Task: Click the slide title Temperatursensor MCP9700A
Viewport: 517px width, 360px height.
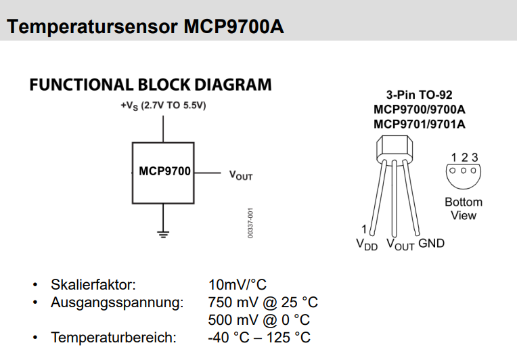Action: point(145,27)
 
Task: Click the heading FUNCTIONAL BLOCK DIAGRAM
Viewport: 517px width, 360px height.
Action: point(150,85)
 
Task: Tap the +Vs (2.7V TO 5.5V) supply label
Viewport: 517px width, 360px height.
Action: point(163,106)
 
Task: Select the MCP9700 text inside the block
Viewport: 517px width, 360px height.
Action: point(164,171)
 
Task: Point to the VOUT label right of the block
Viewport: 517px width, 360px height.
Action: point(241,175)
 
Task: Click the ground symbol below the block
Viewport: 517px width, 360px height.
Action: point(163,234)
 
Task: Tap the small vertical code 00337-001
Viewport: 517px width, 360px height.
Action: point(250,223)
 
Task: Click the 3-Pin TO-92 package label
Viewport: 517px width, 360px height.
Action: point(419,95)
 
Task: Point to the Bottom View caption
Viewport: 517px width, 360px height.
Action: point(464,208)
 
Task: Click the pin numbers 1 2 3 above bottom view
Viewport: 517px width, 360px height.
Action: point(464,158)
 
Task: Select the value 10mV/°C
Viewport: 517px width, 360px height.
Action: point(238,284)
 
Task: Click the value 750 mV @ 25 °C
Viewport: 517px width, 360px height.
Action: point(263,302)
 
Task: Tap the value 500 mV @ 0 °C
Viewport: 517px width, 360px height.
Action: point(259,319)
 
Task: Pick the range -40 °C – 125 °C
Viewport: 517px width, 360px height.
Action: point(259,337)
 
